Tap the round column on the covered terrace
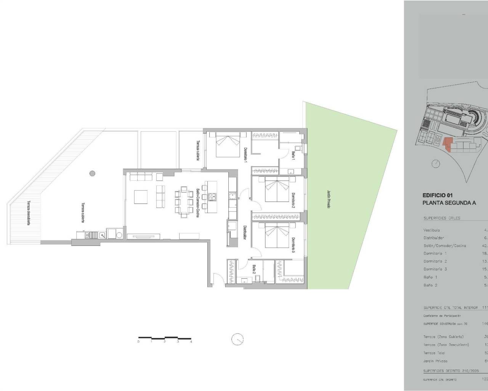coord(92,173)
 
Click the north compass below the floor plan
coord(237,339)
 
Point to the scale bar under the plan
coord(165,338)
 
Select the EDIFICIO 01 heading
coord(437,195)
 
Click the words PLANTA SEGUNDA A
coord(449,203)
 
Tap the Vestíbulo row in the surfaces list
coord(432,230)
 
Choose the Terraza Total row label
coord(434,353)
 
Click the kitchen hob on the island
coord(212,197)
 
